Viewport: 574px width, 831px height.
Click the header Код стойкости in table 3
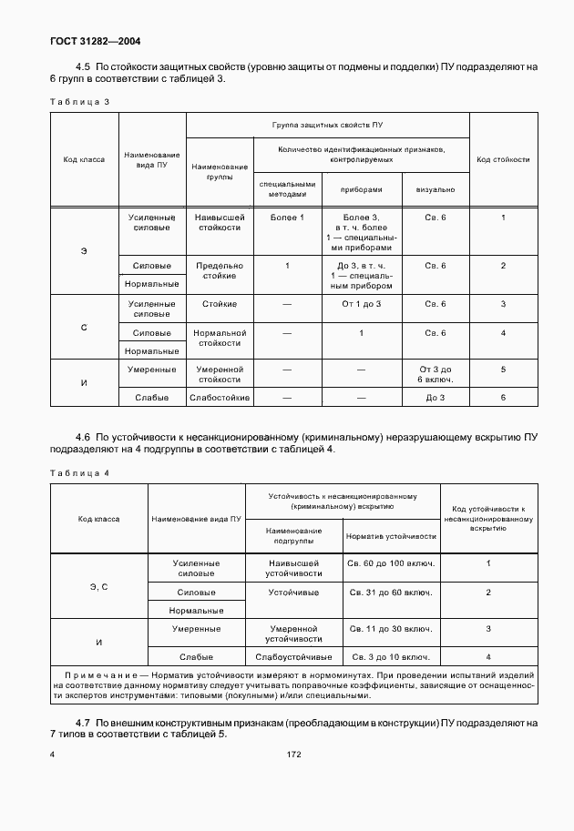tap(503, 159)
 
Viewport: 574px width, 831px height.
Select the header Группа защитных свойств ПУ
tap(327, 124)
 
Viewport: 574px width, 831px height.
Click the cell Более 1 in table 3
tap(287, 217)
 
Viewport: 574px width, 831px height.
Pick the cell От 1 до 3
tap(361, 303)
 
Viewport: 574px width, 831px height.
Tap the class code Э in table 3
tap(84, 249)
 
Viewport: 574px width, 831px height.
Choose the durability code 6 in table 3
tap(503, 398)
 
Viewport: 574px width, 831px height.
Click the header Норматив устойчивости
tap(391, 536)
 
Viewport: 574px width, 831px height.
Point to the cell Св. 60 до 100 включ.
tap(391, 563)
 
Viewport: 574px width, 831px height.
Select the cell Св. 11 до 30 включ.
tap(391, 629)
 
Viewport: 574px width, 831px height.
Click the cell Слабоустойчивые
tap(293, 656)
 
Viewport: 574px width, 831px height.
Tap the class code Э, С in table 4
tap(99, 587)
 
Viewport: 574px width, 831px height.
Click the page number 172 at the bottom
tap(293, 755)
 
